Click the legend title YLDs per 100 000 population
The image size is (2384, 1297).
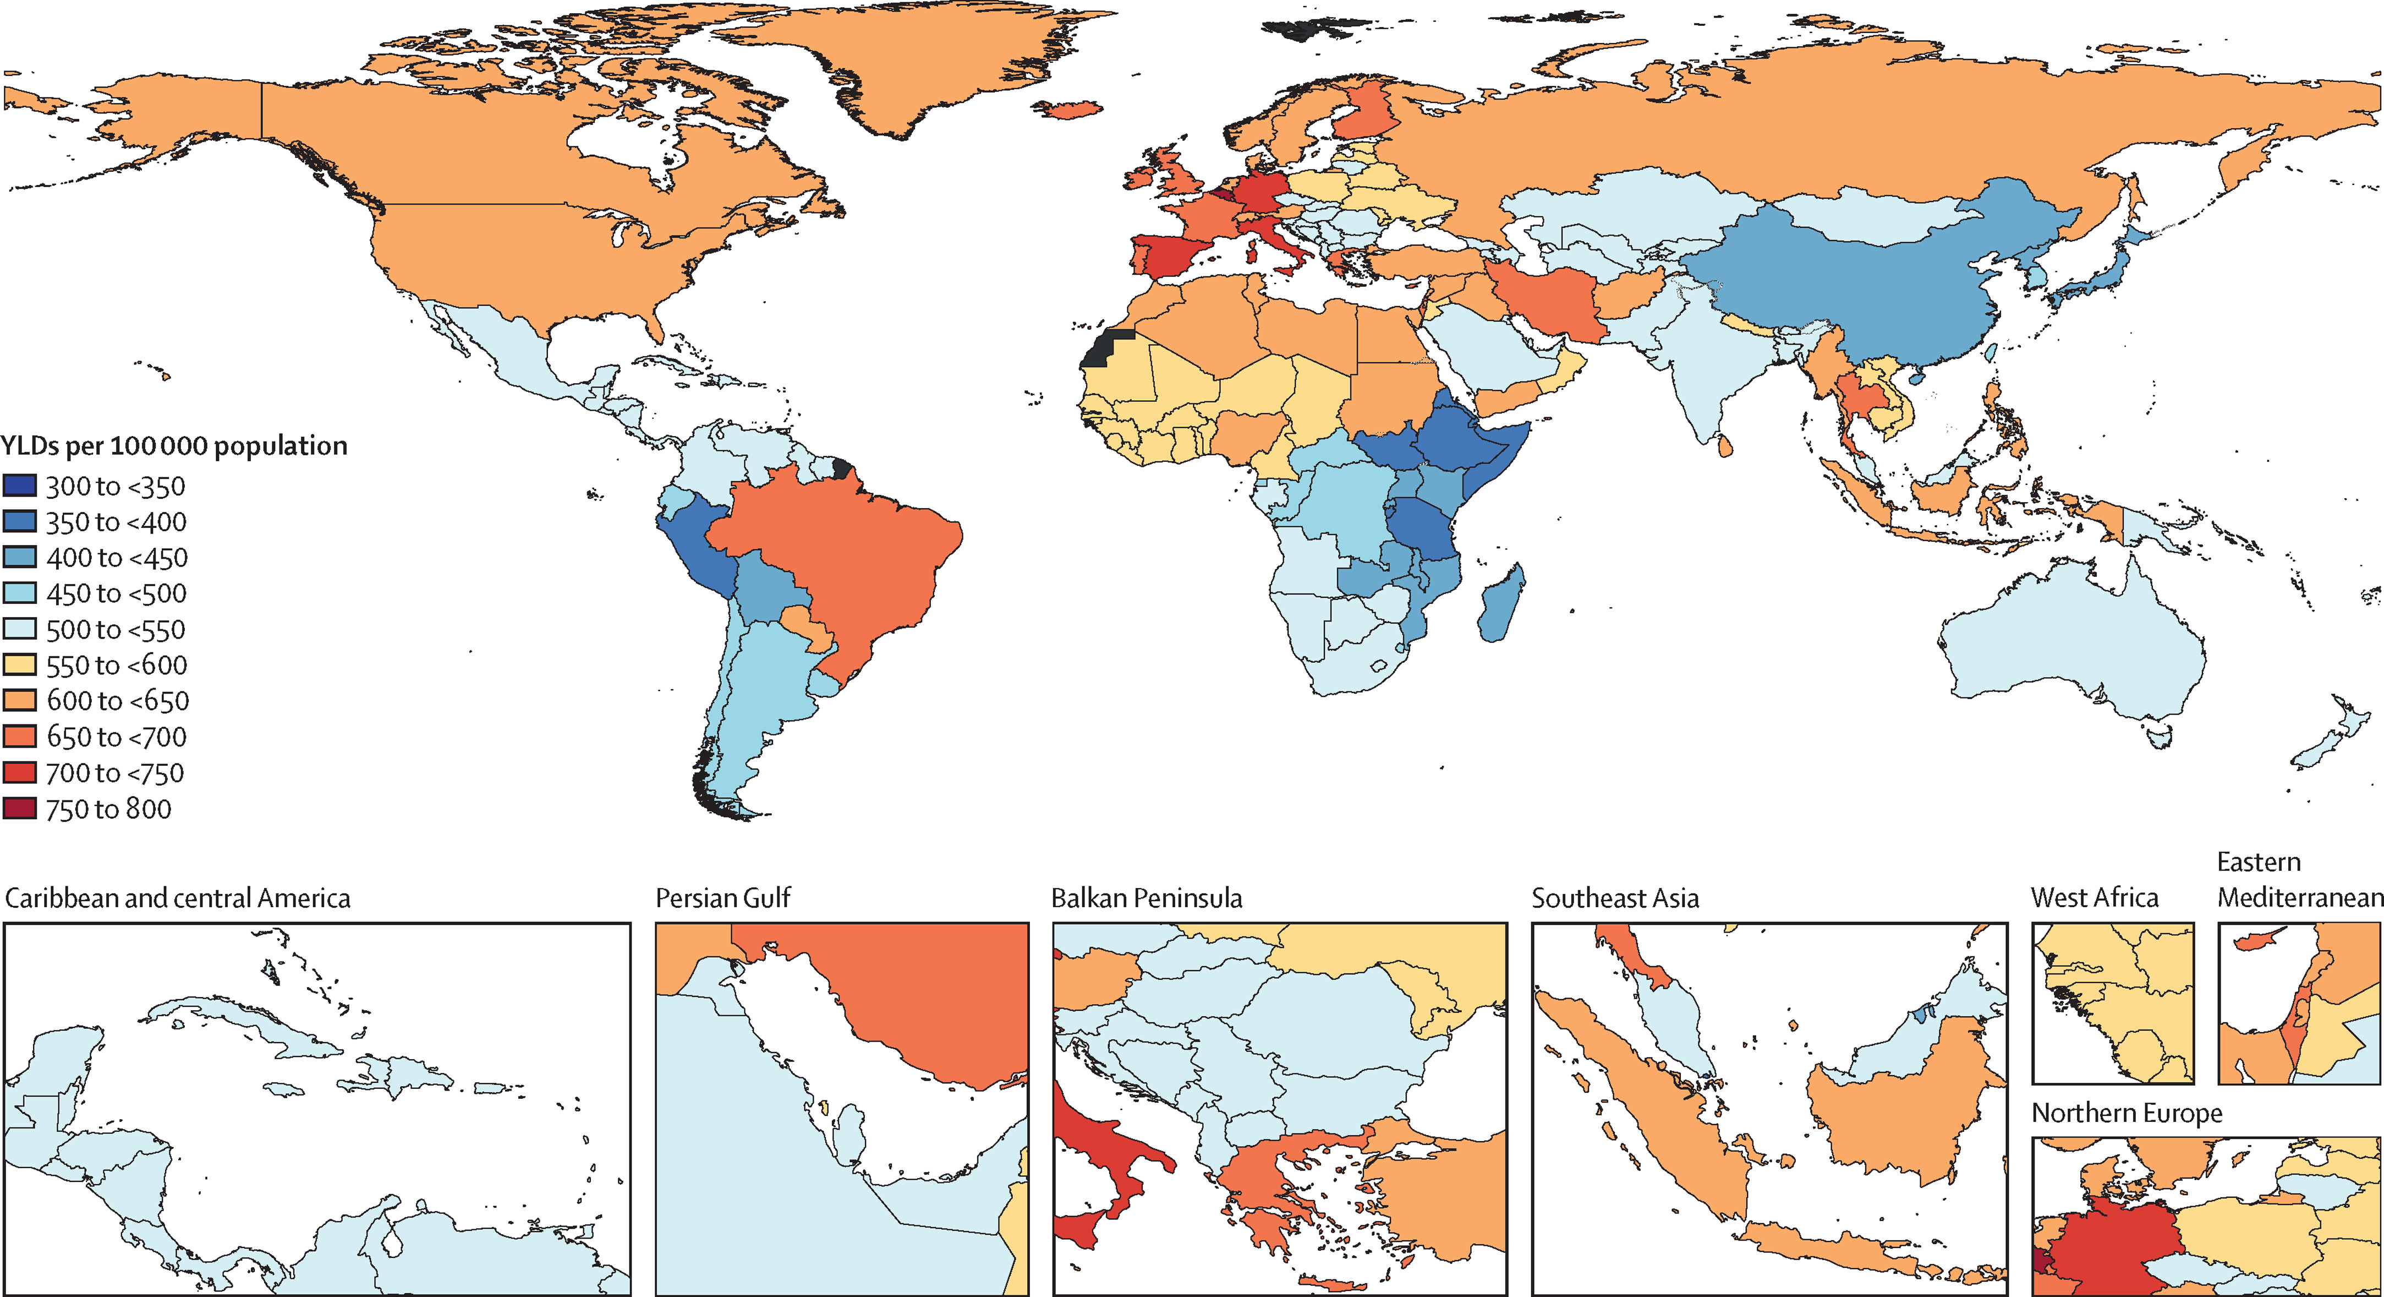pos(174,446)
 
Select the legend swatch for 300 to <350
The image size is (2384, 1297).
pos(19,485)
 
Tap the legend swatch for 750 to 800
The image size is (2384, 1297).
pos(19,808)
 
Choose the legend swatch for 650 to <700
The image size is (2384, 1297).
pos(19,736)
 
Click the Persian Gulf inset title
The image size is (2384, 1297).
pos(723,898)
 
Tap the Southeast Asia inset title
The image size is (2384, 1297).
pos(1615,898)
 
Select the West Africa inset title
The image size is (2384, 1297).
pos(2095,898)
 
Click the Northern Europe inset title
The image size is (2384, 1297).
pos(2127,1113)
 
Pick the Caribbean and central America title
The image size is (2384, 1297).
pos(178,898)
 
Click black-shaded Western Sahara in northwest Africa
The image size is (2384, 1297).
pos(1109,350)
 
